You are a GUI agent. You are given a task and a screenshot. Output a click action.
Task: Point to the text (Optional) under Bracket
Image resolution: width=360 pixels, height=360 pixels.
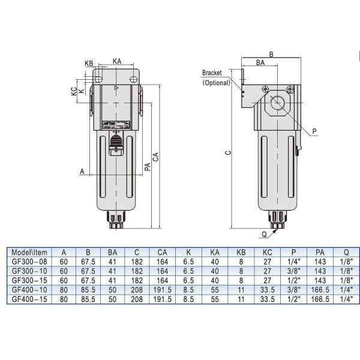(x=216, y=83)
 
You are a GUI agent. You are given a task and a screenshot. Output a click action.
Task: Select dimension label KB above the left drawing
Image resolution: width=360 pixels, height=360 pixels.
(x=89, y=62)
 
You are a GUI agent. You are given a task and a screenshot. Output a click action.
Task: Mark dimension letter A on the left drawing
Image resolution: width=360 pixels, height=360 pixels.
(x=82, y=171)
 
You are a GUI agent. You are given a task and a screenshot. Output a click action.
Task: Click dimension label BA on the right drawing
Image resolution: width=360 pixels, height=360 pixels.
(x=260, y=62)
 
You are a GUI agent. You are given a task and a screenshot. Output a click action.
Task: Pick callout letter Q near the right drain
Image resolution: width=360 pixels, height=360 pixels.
(x=265, y=234)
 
